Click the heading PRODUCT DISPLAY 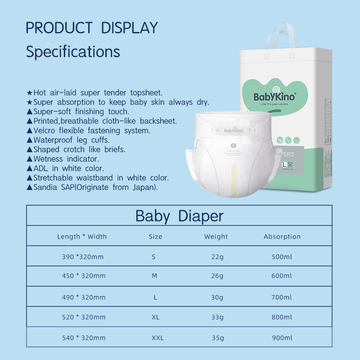pos(92,27)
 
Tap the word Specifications pos(73,51)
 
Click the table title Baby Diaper pos(179,216)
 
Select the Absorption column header pos(282,236)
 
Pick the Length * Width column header pos(82,236)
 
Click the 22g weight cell pos(217,257)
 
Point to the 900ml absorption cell pos(282,337)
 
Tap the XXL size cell pos(157,337)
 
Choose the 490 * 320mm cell pos(84,297)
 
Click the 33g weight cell pos(217,317)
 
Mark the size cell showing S pos(153,257)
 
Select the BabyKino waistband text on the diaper pos(234,131)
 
